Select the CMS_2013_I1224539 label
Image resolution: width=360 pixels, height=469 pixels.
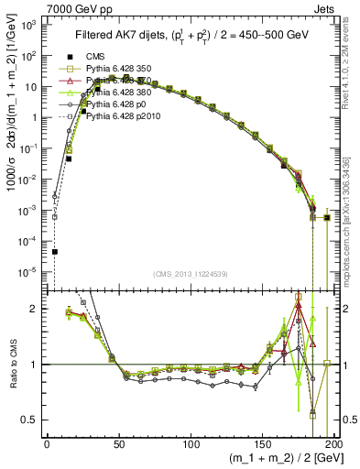click(190, 272)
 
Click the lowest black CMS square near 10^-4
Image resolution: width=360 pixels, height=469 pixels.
click(54, 251)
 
